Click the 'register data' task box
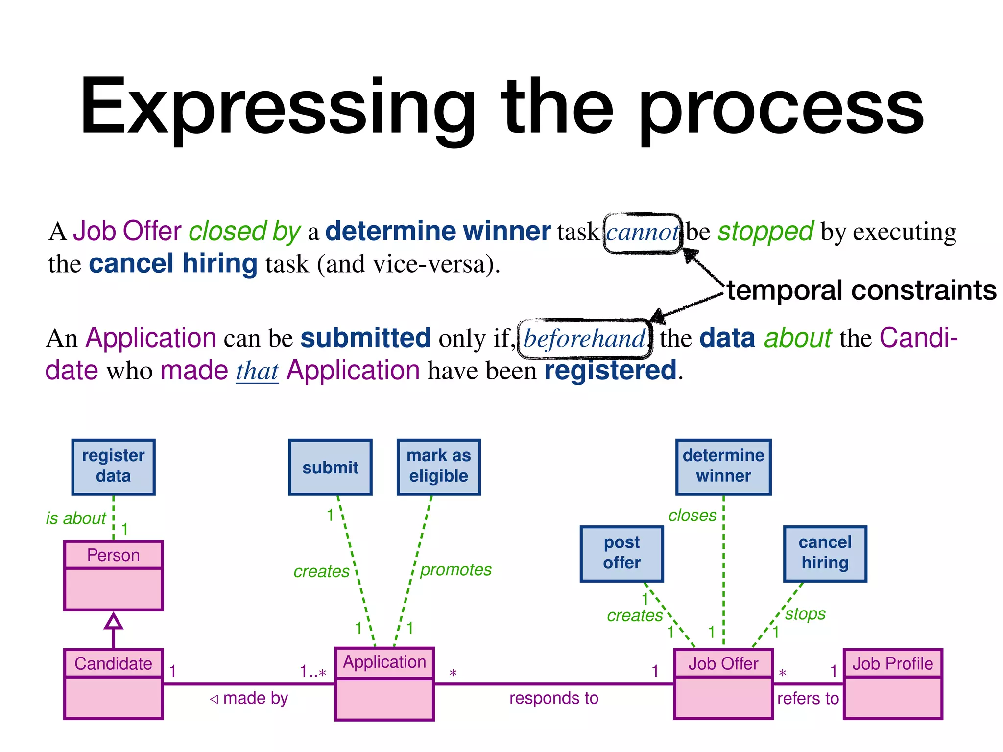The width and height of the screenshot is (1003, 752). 113,467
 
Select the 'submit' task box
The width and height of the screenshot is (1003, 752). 330,467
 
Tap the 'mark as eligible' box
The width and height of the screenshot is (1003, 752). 438,467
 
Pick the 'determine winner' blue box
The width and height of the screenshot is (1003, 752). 723,467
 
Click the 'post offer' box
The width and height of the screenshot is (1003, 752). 621,553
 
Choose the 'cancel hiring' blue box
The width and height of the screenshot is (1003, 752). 825,553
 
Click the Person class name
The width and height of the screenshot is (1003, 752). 113,555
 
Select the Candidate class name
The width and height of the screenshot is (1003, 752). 113,663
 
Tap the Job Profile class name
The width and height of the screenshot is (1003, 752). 892,663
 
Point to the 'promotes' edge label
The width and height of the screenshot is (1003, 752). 456,569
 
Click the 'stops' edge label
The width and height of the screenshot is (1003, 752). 805,613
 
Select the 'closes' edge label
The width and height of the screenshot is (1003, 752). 693,515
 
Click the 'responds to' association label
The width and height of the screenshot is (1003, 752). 553,698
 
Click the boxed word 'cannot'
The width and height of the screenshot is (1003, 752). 643,233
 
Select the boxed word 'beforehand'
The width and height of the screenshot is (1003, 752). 584,338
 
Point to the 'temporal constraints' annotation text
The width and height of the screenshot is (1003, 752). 861,290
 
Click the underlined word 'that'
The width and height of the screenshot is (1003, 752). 257,371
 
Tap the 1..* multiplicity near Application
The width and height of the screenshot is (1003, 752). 313,671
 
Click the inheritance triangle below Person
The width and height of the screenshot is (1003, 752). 113,621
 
